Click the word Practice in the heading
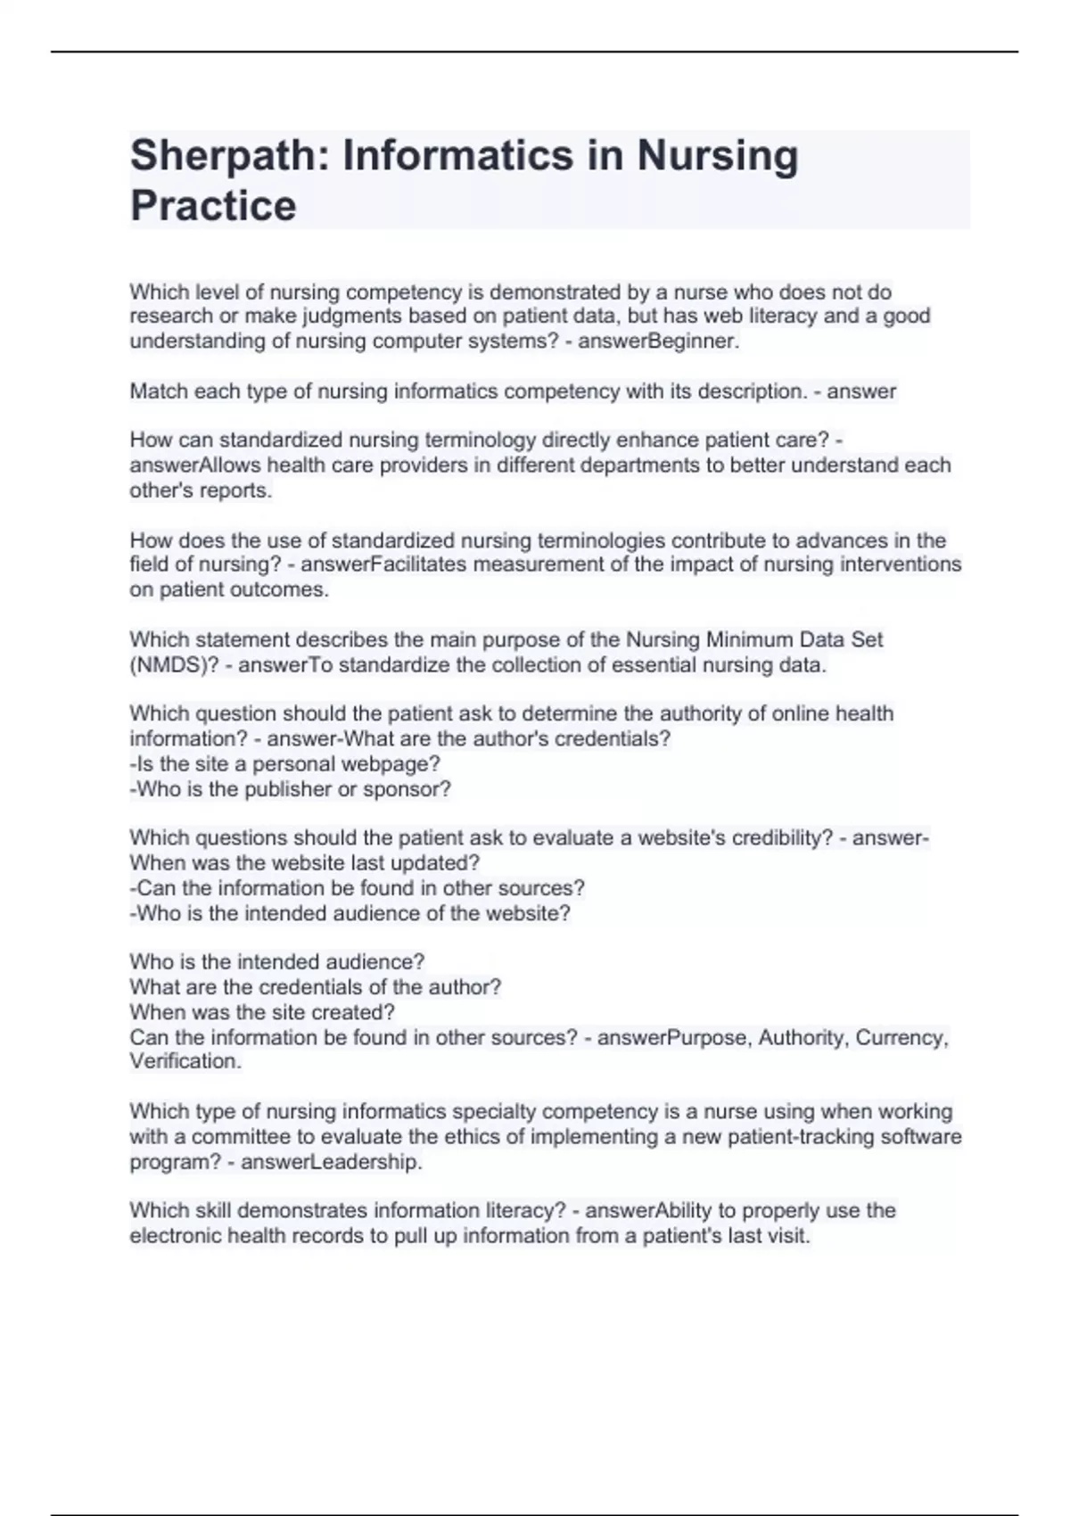[x=213, y=206]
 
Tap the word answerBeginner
[x=658, y=341]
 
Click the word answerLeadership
[x=331, y=1162]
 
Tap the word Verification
[x=185, y=1061]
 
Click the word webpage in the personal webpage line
[x=398, y=764]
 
